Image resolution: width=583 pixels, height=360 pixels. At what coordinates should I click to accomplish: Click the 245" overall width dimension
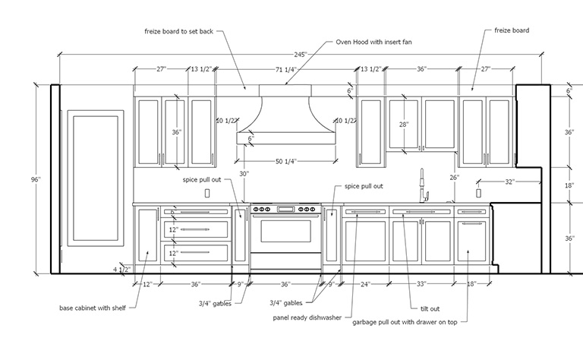[x=301, y=54]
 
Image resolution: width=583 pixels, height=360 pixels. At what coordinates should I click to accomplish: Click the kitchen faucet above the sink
[x=423, y=186]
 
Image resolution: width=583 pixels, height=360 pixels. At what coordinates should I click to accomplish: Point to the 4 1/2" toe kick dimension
[x=122, y=268]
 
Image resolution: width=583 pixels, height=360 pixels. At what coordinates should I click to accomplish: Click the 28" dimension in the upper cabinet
[x=403, y=124]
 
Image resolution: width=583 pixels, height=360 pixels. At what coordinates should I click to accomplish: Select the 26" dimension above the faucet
[x=453, y=178]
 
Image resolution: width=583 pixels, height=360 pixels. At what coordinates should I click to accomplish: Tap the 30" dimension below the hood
[x=244, y=174]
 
